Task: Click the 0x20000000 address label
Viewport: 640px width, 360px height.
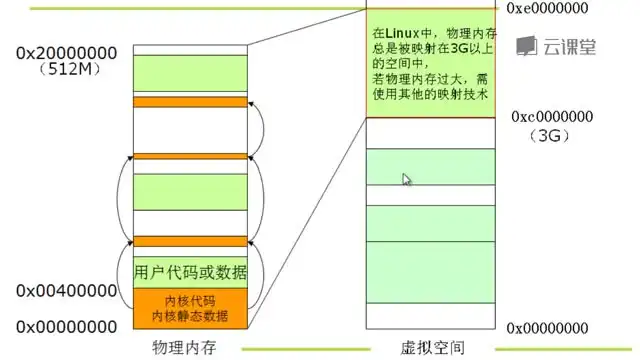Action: (67, 53)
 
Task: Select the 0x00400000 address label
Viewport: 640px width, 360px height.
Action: (67, 290)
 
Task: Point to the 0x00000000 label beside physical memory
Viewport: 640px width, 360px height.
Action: (67, 326)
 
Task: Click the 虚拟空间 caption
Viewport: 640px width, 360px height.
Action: (432, 348)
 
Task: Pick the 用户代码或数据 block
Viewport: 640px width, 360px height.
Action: (190, 273)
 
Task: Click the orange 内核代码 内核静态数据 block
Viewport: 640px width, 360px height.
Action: (190, 308)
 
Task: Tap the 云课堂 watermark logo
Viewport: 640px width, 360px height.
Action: (556, 45)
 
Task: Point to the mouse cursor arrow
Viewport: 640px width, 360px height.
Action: (406, 179)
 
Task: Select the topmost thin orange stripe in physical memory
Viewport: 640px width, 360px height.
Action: (190, 102)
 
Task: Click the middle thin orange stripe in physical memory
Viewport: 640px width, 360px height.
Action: (190, 156)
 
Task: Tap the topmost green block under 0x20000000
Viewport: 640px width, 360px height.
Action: (190, 73)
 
